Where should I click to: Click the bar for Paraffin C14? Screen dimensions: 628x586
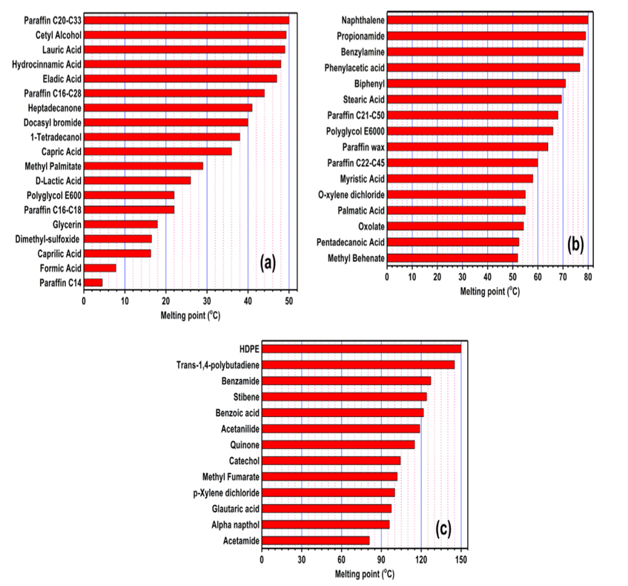pos(93,283)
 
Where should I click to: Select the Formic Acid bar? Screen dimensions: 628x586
pos(100,268)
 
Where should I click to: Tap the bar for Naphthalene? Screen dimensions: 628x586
pos(488,20)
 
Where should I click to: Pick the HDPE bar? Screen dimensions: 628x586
pos(362,349)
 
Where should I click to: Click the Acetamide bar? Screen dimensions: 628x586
pos(316,541)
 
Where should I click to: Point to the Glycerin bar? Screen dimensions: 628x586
pos(121,224)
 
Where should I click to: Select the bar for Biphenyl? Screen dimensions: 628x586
pos(477,83)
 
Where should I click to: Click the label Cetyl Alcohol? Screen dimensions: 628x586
pos(59,36)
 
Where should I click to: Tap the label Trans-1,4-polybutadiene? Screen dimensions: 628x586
pos(218,365)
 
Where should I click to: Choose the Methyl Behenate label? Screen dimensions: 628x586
pos(356,259)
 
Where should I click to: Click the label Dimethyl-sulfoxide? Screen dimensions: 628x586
pos(47,240)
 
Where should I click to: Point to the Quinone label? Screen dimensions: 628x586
pos(245,445)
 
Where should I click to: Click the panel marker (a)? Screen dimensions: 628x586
pos(268,264)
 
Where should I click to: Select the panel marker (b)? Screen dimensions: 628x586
pos(575,245)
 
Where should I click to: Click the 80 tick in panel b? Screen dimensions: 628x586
pos(588,277)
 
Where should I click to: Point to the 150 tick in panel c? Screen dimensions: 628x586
pos(461,559)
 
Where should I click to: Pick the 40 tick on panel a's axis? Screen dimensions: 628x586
pos(248,301)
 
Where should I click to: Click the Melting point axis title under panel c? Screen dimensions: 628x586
pos(365,574)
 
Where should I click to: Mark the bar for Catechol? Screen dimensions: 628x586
pos(331,461)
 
